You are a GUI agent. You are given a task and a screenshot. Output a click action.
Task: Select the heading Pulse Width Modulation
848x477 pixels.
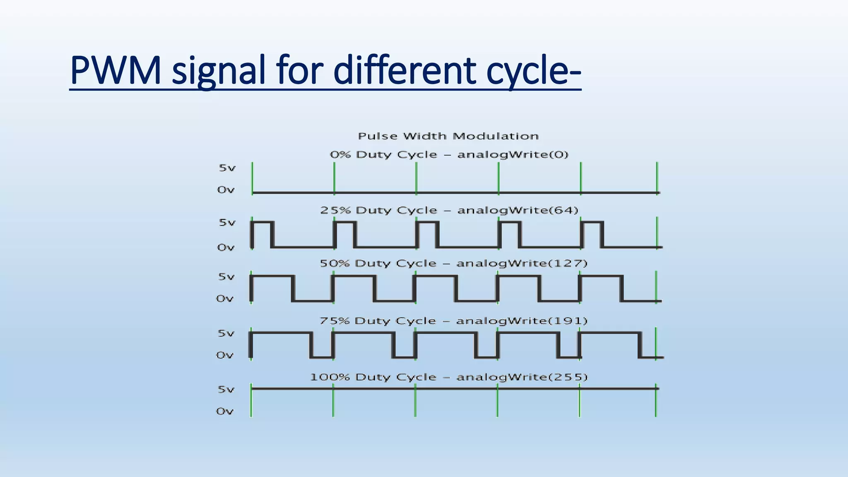[x=448, y=136]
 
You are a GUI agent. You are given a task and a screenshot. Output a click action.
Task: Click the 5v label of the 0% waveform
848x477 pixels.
[x=227, y=168]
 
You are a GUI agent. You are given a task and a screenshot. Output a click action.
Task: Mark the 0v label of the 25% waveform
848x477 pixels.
[x=226, y=248]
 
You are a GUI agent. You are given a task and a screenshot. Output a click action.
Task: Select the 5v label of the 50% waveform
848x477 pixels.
[x=226, y=277]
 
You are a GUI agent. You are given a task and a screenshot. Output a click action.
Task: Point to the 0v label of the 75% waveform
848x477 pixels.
[x=225, y=355]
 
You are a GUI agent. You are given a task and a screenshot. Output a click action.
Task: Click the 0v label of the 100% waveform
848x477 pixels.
[x=225, y=411]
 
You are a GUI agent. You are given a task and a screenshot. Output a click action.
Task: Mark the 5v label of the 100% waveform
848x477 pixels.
[x=226, y=390]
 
